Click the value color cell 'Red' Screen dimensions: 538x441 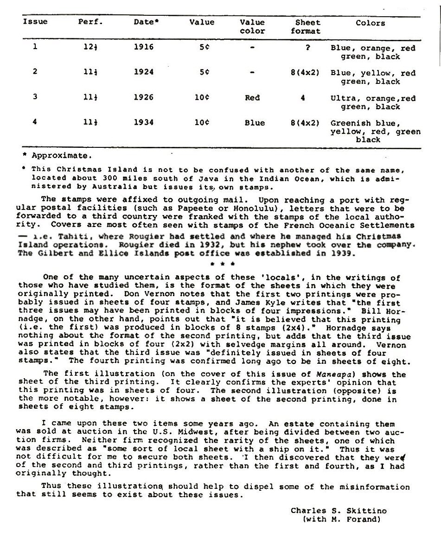pyautogui.click(x=252, y=98)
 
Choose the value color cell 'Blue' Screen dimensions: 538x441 pyautogui.click(x=255, y=123)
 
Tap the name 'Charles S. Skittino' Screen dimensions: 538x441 pyautogui.click(x=339, y=511)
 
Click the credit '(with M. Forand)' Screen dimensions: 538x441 pyautogui.click(x=341, y=519)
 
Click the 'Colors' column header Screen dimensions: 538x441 pyautogui.click(x=370, y=23)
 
